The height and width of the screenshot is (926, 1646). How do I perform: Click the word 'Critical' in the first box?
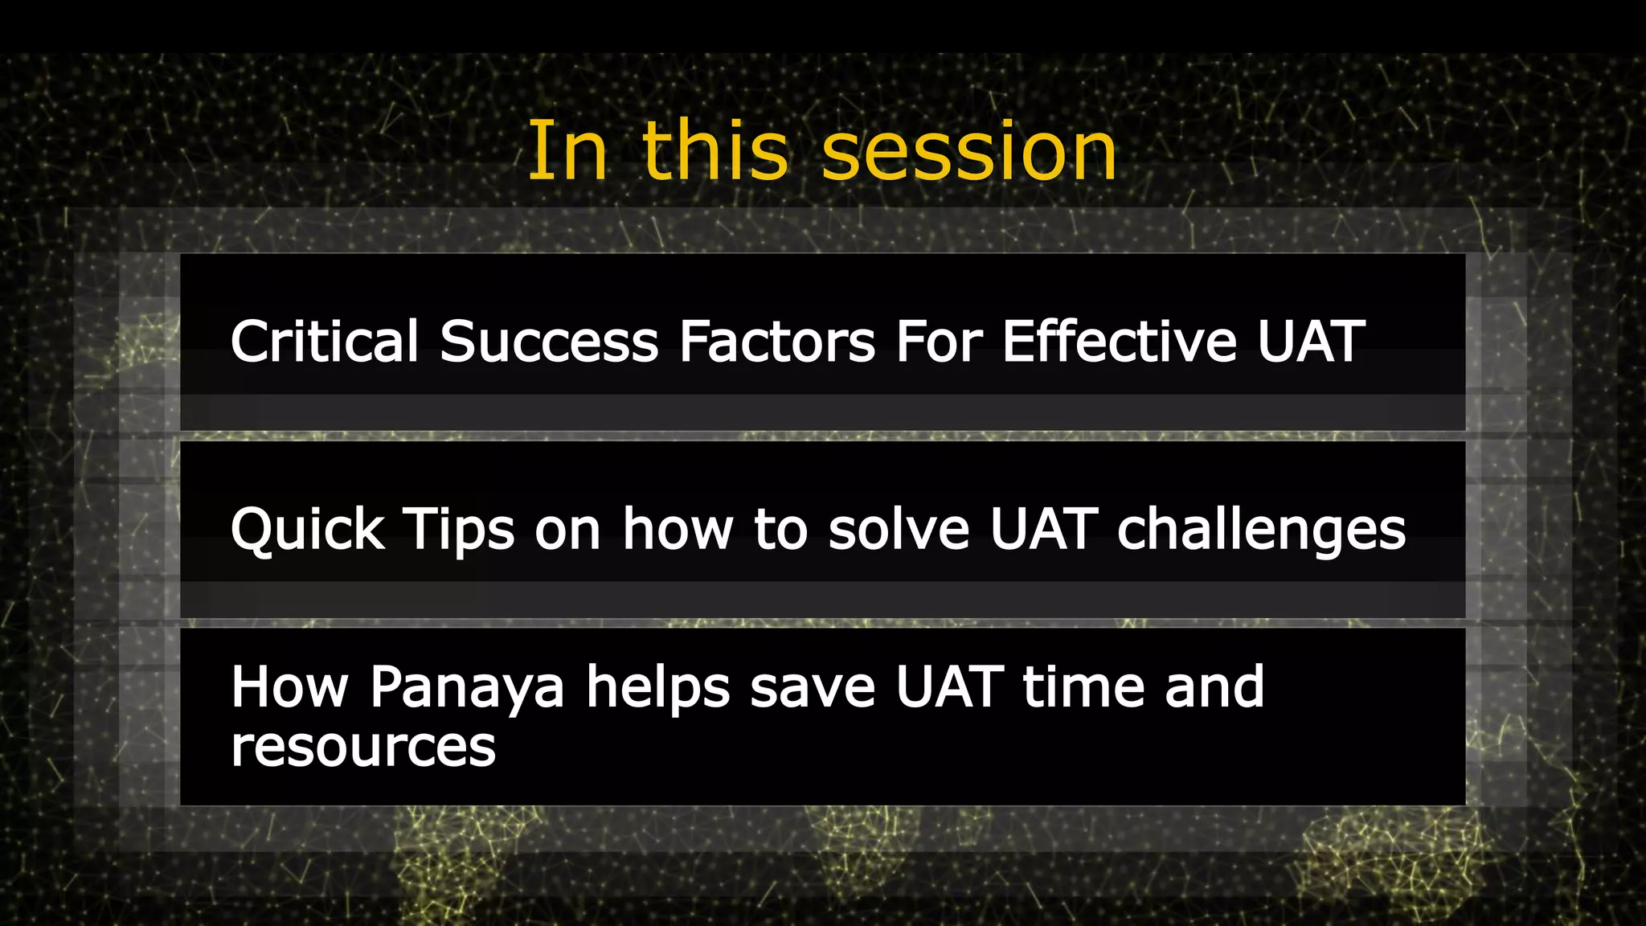(325, 342)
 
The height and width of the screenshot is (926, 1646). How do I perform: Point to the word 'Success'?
(549, 342)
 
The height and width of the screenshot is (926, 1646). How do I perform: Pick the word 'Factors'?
(776, 342)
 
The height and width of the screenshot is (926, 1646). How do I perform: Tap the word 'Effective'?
(1119, 342)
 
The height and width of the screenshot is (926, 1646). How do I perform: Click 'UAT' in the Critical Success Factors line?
(1311, 342)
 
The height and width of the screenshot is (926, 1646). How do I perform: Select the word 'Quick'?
(307, 531)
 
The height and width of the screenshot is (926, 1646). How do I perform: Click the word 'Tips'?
(458, 531)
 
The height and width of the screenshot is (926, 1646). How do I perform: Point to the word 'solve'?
(899, 531)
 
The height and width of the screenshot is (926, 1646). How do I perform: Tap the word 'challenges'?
(1261, 531)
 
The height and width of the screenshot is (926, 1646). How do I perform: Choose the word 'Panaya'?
(467, 690)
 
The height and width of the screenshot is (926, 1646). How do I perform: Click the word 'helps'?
(657, 688)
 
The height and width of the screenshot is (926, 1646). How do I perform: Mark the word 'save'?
(812, 690)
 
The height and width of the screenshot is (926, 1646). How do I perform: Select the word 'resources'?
(363, 748)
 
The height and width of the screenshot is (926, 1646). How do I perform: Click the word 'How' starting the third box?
(289, 688)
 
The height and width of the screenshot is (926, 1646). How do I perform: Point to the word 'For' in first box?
(939, 342)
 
